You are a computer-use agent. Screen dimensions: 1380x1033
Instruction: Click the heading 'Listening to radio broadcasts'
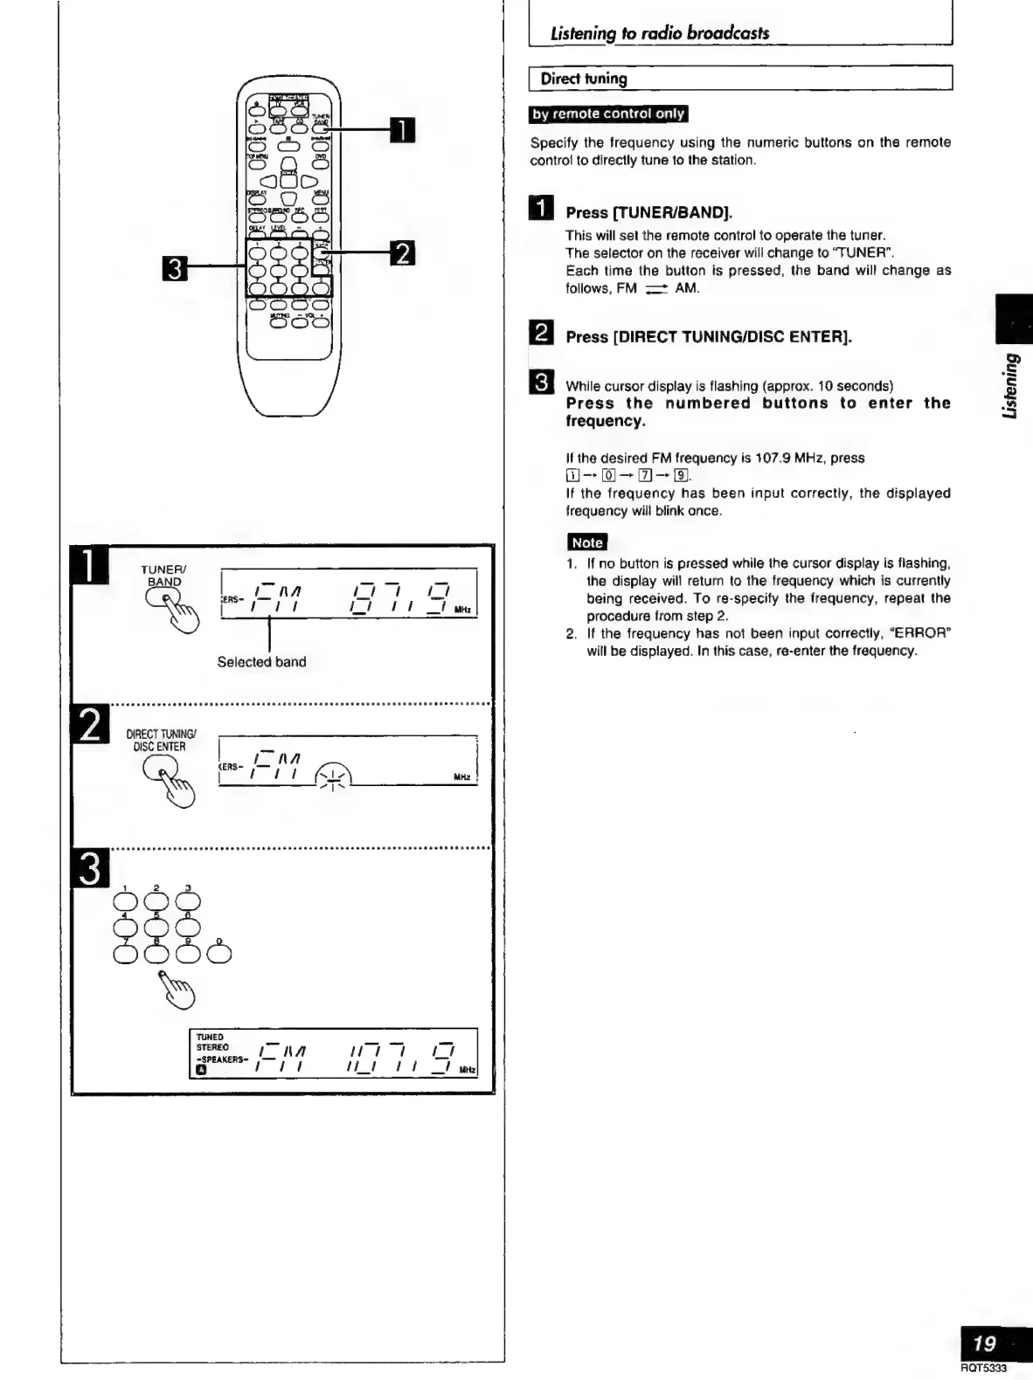(659, 33)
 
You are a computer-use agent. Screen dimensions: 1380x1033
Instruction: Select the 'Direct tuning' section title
(584, 79)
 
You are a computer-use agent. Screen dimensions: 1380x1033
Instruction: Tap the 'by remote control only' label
(609, 114)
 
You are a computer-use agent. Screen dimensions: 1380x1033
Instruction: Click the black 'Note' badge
(586, 542)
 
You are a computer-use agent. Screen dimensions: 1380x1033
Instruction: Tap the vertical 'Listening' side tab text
(1011, 385)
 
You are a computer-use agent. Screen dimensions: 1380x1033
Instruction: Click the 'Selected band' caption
(261, 662)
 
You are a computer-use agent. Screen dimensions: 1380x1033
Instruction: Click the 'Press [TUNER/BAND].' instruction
(648, 212)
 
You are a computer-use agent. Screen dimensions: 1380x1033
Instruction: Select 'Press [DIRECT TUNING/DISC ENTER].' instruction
(709, 337)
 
